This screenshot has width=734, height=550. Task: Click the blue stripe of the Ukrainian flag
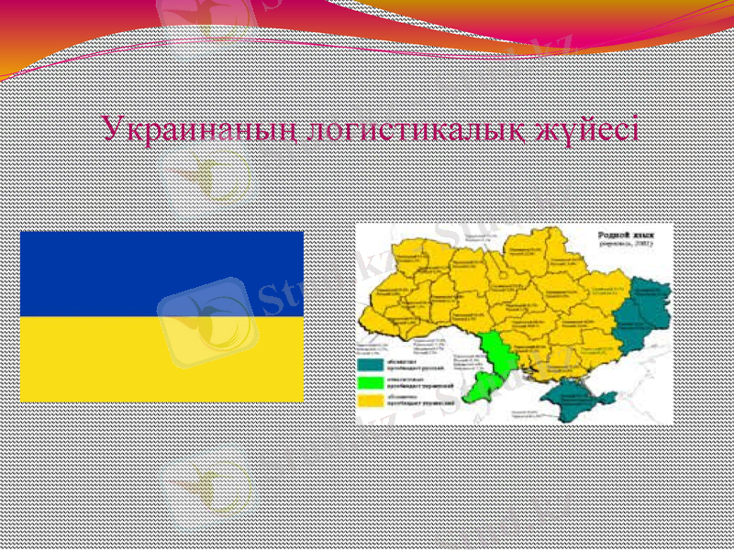click(x=161, y=273)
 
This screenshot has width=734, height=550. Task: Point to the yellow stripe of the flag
click(x=161, y=359)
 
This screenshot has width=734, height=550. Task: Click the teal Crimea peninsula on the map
click(x=574, y=400)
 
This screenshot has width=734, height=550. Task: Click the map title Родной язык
click(x=633, y=235)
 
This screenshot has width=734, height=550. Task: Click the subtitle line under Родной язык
click(x=633, y=244)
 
